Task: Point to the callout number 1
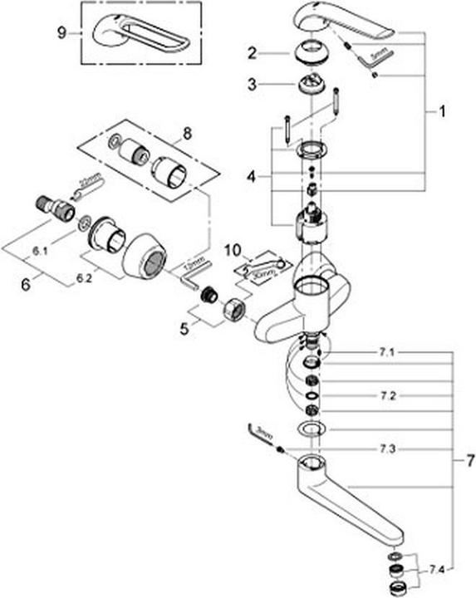[442, 110]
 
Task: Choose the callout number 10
[235, 249]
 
